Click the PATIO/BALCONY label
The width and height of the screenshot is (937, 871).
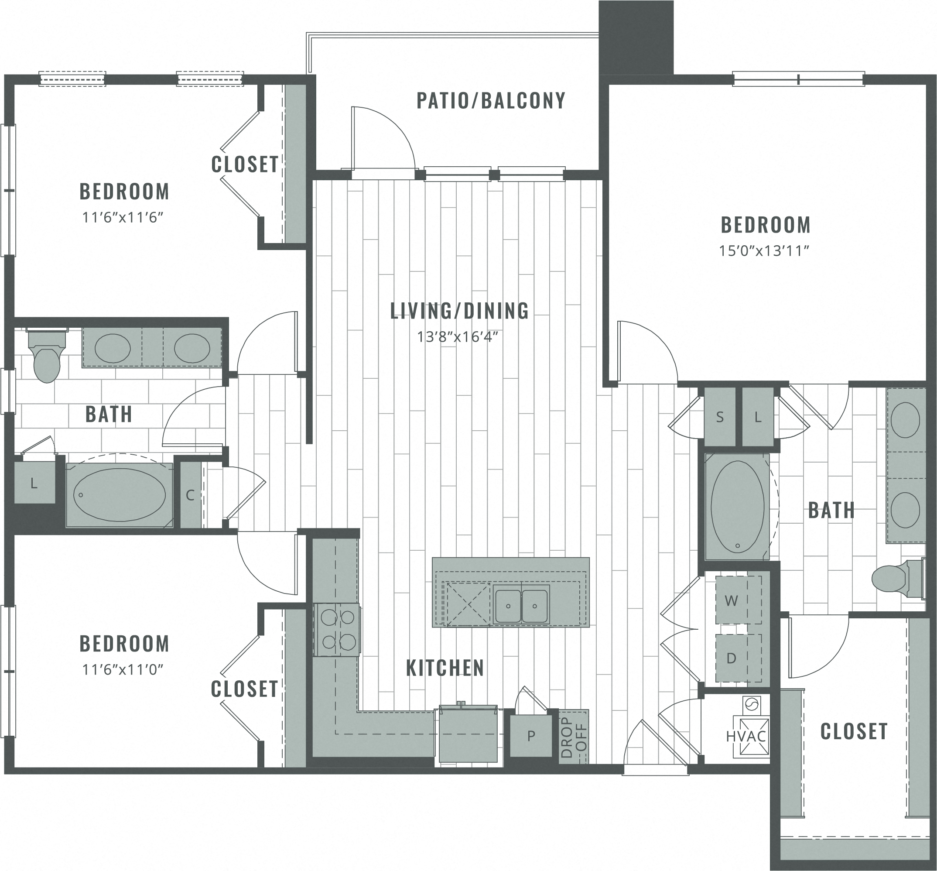tap(491, 100)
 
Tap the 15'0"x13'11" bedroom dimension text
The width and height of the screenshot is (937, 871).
tap(764, 250)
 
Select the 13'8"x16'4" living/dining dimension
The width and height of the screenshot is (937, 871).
tap(458, 336)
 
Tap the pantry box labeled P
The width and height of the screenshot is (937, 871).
tap(531, 735)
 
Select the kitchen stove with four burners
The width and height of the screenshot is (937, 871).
tap(337, 629)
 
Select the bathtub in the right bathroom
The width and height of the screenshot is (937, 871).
tap(737, 507)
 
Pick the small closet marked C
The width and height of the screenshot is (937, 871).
tap(191, 495)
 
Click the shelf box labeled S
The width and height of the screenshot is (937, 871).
tap(720, 417)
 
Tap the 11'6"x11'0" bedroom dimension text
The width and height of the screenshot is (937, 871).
tap(123, 669)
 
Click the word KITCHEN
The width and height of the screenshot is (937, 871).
tap(445, 668)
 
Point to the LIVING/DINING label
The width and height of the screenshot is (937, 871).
tap(459, 311)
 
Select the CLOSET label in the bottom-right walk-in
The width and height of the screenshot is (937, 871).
tap(854, 731)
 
